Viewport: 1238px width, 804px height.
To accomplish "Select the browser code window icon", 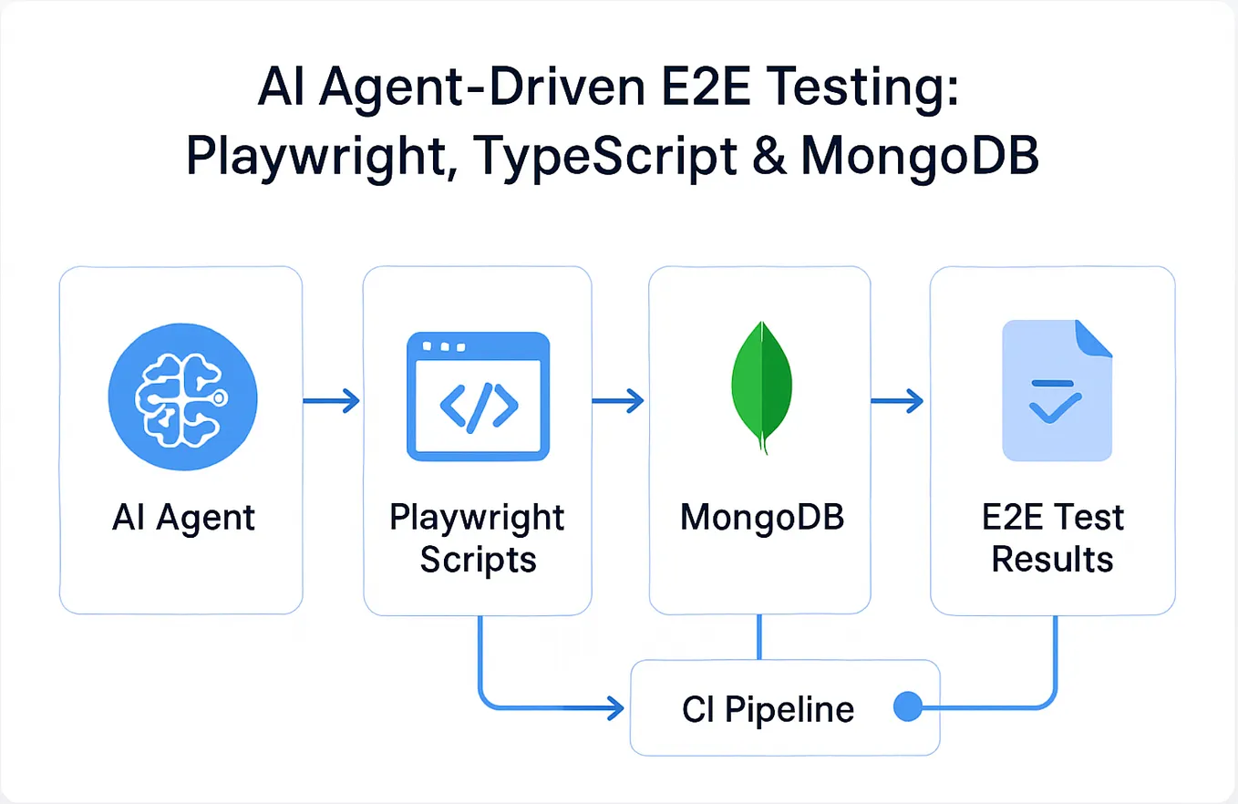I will tap(478, 399).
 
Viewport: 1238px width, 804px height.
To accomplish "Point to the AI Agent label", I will tap(184, 518).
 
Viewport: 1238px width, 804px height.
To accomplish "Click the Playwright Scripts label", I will tap(478, 538).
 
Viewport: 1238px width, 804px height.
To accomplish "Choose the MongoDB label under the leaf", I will tap(762, 518).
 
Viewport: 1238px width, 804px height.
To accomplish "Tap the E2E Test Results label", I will tap(1052, 538).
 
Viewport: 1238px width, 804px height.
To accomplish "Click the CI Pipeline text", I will tap(768, 708).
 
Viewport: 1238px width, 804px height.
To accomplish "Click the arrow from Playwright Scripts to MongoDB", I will tap(617, 399).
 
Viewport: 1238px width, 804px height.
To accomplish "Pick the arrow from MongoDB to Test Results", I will tap(897, 399).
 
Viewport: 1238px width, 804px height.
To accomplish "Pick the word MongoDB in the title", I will tap(919, 156).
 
